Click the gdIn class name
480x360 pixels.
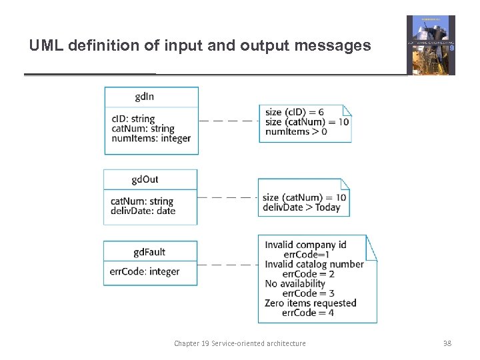[x=144, y=97]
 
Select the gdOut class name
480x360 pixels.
[x=145, y=179]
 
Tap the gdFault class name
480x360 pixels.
[x=149, y=252]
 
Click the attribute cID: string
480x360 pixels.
[x=133, y=119]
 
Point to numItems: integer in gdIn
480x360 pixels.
[x=151, y=139]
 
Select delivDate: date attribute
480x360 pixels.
[x=143, y=211]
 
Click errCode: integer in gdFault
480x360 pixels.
[x=145, y=271]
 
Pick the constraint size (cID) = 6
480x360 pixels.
[x=294, y=112]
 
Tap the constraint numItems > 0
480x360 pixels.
[x=296, y=131]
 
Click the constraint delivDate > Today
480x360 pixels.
[x=301, y=207]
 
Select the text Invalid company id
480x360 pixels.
[x=305, y=245]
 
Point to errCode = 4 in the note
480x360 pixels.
[x=308, y=313]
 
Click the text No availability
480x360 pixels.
[x=295, y=283]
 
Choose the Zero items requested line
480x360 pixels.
[x=310, y=303]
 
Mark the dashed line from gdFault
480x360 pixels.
[x=227, y=265]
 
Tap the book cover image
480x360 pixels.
[x=431, y=45]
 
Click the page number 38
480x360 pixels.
[x=447, y=343]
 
